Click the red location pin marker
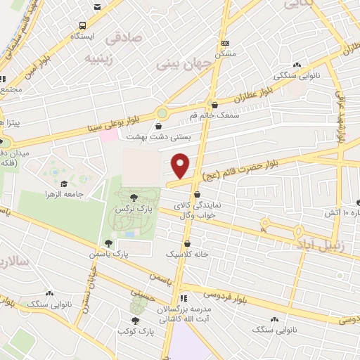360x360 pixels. tap(181, 165)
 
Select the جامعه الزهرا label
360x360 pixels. tap(65, 194)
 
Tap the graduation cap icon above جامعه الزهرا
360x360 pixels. tap(65, 184)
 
